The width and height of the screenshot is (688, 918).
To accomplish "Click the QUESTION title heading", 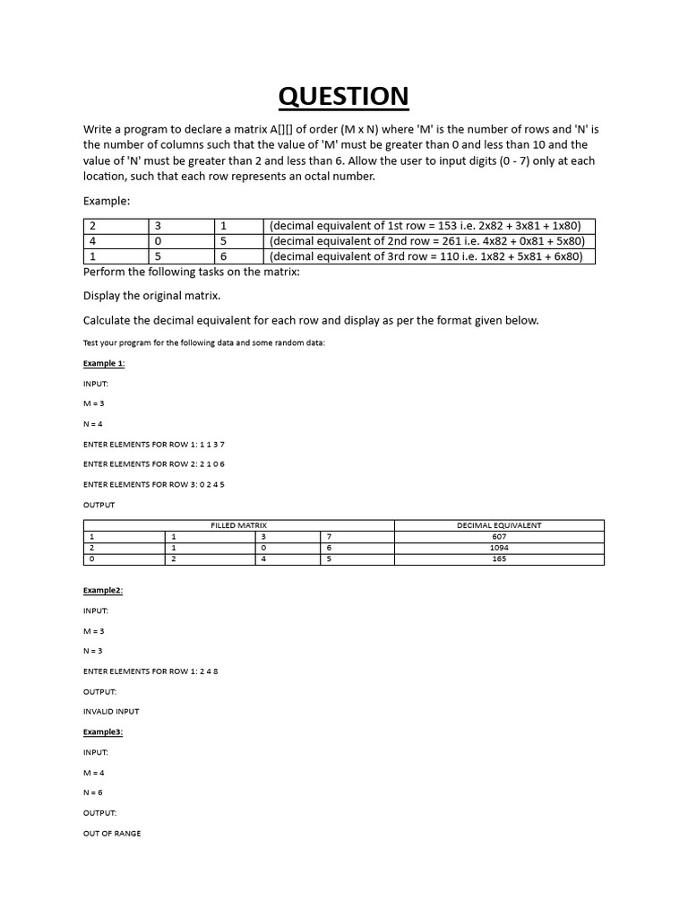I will click(343, 96).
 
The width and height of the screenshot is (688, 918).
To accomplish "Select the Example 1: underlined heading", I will click(104, 363).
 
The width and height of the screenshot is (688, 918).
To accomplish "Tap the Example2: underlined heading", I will click(103, 591).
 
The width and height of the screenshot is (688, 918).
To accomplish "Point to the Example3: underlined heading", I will click(103, 732).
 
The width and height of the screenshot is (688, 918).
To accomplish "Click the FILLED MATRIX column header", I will click(238, 525).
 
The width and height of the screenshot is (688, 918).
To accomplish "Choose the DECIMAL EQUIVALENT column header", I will click(499, 525).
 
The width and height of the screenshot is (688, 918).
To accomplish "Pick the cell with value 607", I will click(499, 536).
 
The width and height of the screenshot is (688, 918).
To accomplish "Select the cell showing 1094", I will click(499, 547).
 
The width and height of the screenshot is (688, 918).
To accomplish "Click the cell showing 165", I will click(499, 559).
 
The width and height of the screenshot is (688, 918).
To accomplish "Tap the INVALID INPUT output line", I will click(111, 712).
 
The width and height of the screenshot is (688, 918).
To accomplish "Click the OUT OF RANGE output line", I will click(112, 834).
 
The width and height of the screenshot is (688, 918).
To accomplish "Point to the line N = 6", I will click(94, 792).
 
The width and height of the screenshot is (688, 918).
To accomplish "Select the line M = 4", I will click(94, 773).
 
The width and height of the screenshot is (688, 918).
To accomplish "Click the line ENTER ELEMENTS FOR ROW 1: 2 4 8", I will click(150, 671).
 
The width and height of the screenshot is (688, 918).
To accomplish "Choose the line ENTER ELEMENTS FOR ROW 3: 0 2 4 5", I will click(154, 484).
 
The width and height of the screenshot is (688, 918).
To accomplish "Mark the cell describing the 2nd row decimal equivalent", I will click(428, 241).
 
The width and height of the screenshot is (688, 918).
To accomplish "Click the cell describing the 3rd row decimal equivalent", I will click(428, 256).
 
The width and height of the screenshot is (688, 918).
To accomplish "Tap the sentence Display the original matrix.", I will click(151, 296).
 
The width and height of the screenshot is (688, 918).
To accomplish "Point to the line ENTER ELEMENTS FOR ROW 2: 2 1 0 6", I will click(154, 464).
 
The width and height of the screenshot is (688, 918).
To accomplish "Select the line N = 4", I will click(94, 424).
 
